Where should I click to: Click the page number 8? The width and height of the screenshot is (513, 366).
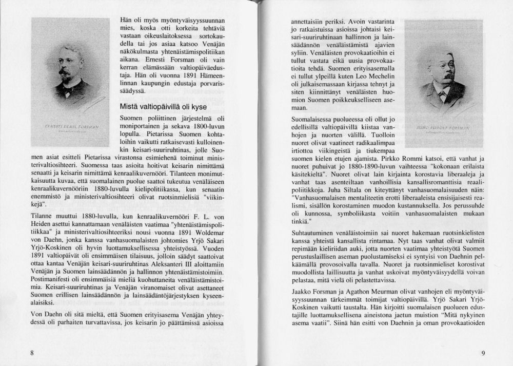pyautogui.click(x=32, y=353)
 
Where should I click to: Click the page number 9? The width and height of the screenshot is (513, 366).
pyautogui.click(x=483, y=353)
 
